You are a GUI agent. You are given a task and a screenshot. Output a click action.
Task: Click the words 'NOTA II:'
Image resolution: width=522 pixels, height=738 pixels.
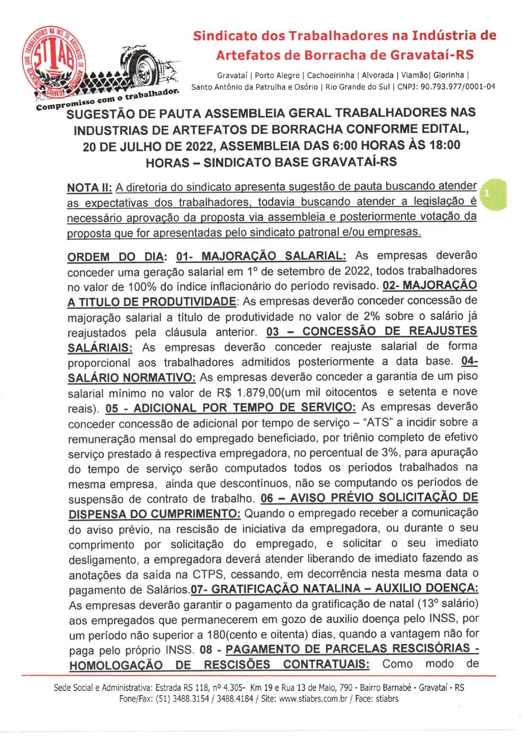(x=89, y=187)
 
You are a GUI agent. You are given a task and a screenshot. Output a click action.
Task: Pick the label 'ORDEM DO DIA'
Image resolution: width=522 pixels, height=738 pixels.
(x=115, y=257)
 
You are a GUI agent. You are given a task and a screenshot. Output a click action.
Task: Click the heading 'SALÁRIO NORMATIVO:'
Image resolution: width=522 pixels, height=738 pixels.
(x=132, y=378)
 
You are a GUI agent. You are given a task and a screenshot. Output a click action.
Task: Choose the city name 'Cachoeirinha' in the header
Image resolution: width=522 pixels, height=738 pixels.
(x=330, y=75)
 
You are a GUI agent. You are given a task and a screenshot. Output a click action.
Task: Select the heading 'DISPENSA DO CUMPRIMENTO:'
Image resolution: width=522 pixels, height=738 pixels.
(x=154, y=514)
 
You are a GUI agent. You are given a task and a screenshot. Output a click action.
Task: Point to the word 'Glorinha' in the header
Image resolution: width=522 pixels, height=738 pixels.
(x=449, y=75)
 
